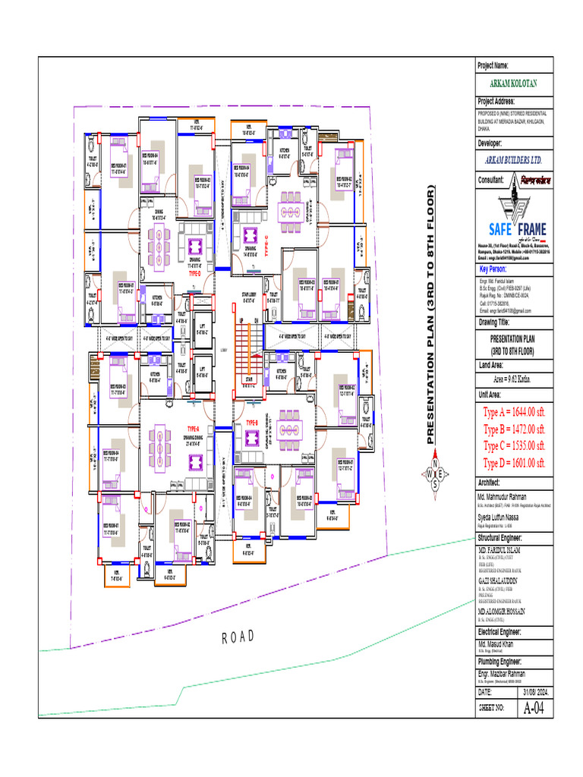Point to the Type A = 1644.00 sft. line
coord(514,412)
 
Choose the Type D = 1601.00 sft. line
coord(514,462)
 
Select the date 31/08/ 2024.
coord(532,693)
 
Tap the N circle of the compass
coord(435,464)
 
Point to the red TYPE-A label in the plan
coord(193,429)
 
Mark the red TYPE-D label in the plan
coord(194,272)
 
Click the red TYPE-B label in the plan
coord(253,422)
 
